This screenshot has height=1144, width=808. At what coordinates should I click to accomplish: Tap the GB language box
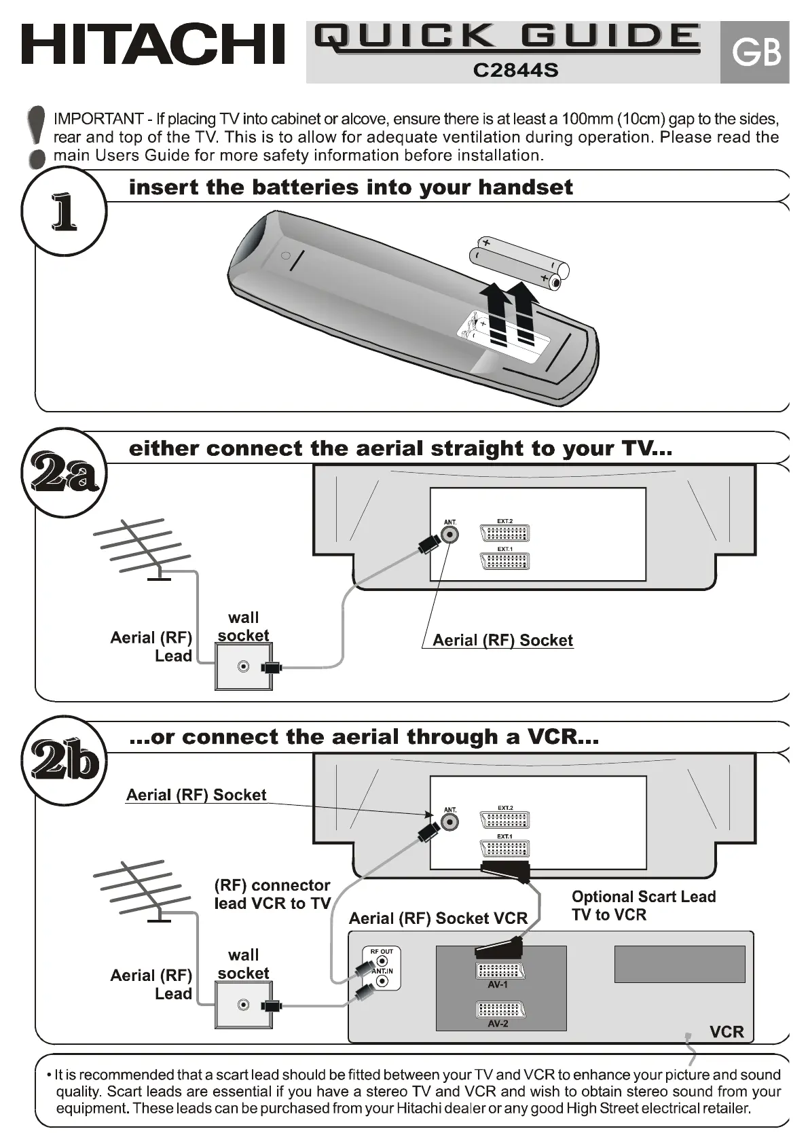coord(755,52)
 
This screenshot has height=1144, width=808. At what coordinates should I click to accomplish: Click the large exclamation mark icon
coord(39,135)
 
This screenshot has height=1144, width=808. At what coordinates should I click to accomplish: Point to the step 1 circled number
coord(64,213)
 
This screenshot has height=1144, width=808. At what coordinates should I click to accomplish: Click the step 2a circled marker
coord(64,473)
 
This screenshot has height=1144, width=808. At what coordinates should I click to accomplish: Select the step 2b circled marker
coord(64,760)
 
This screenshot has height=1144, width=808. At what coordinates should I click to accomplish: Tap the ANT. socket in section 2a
coord(450,535)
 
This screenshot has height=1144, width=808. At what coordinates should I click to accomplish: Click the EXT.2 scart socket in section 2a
coord(504,533)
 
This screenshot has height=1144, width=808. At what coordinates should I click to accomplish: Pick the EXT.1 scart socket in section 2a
coord(504,560)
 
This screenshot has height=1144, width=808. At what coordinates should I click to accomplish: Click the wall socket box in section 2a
coord(244,666)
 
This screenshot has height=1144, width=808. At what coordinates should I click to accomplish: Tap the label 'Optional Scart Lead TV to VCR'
coord(643,906)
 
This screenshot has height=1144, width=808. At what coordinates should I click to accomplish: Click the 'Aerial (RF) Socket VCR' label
coord(438,918)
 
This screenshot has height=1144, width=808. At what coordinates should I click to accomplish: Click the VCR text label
coord(727,1032)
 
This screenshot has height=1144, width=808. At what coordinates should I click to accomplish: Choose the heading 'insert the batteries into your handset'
coord(350,187)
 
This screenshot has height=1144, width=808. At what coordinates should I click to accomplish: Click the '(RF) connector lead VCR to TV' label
coord(272,894)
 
